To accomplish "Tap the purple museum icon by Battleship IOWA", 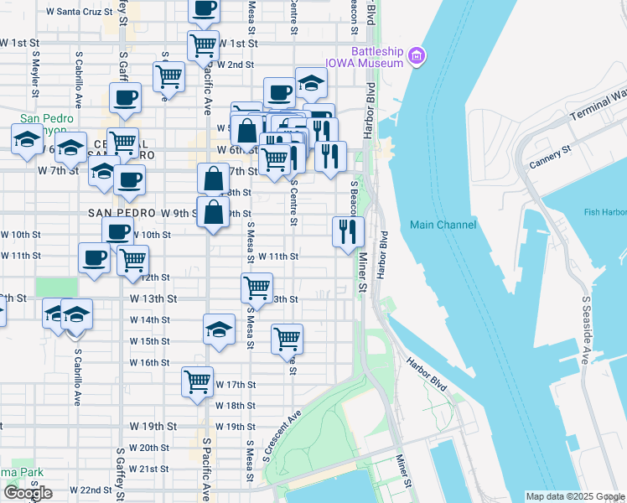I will [417, 57].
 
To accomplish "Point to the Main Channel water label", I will [443, 225].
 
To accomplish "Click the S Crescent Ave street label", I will [281, 437].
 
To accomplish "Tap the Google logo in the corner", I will [28, 493].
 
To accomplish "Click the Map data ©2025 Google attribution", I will [574, 496].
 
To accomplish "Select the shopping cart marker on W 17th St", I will [198, 382].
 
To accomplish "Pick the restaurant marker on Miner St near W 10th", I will [348, 231].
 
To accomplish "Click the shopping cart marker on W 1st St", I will [203, 44].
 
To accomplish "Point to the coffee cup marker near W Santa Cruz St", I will [204, 8].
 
